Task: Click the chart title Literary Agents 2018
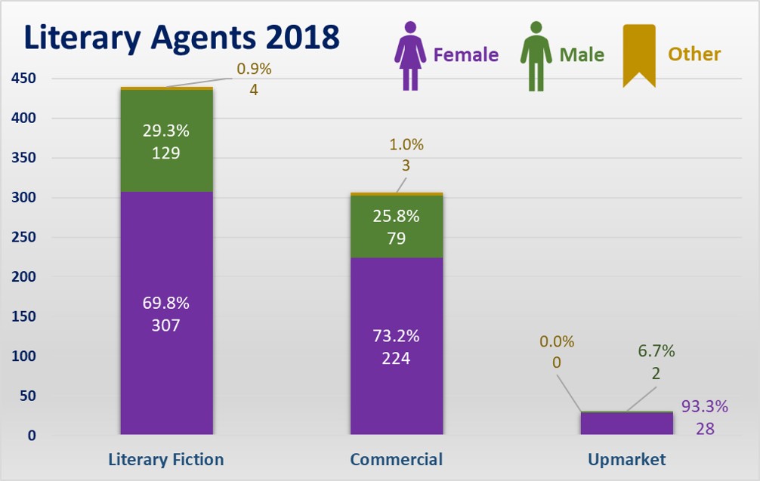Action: pyautogui.click(x=181, y=38)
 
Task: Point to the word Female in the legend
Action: pyautogui.click(x=465, y=55)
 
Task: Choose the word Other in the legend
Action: pyautogui.click(x=694, y=54)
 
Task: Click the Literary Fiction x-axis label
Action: pyautogui.click(x=166, y=459)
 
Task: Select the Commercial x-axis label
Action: pyautogui.click(x=397, y=459)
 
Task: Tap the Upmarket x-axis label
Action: pyautogui.click(x=626, y=459)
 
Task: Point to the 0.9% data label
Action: pyautogui.click(x=254, y=69)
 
